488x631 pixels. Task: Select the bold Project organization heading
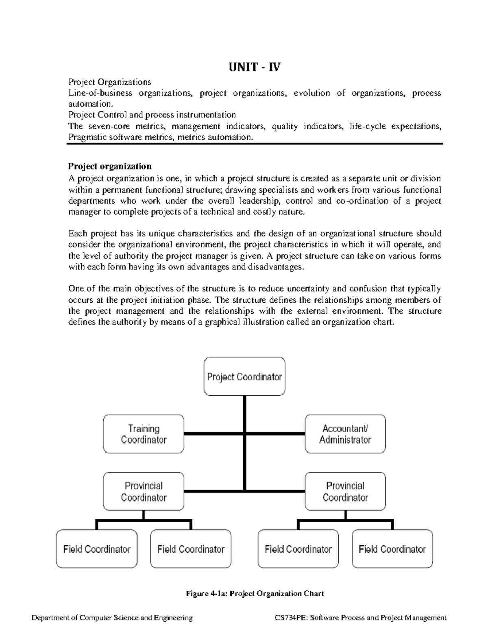coord(110,166)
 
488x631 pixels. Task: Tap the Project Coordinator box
coord(244,377)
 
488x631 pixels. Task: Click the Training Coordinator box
coord(144,434)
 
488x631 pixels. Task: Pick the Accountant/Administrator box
coord(345,434)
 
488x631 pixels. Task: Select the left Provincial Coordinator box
coord(144,491)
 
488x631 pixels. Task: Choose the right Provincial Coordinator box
coord(345,491)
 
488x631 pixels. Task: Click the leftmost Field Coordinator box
coord(97,549)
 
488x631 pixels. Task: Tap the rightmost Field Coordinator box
coord(392,549)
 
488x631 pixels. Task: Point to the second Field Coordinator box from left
coord(191,549)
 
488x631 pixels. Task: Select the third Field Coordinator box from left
coord(298,549)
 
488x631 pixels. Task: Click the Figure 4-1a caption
coord(255,594)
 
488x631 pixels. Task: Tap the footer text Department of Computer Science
coord(112,618)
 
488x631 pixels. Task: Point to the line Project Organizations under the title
coord(110,82)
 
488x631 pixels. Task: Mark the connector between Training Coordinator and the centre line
coord(213,434)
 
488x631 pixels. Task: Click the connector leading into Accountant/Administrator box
coord(276,434)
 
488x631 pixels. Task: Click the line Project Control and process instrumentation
coord(152,115)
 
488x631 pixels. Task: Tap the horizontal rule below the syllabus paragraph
coord(255,144)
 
